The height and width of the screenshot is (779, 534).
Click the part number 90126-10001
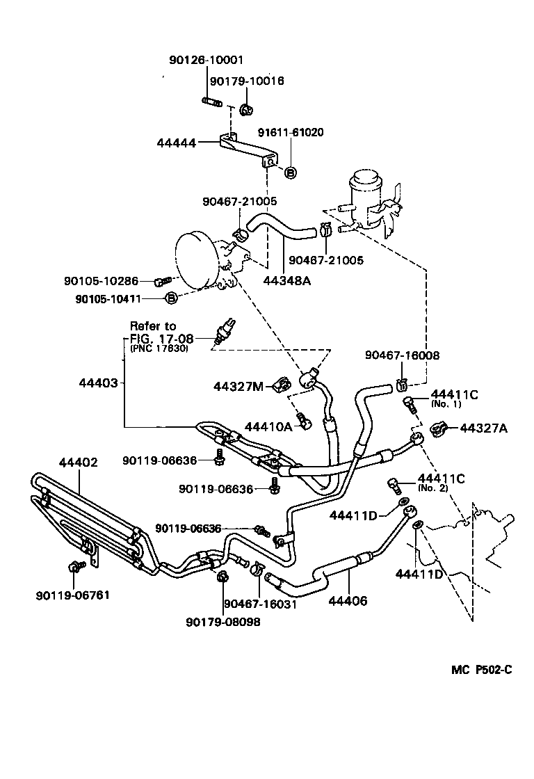(x=206, y=61)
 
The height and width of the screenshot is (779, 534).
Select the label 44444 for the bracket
(x=177, y=143)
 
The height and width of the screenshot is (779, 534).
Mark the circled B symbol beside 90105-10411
(x=170, y=299)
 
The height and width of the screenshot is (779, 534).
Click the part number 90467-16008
(x=402, y=355)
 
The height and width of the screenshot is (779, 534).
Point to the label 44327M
(x=238, y=387)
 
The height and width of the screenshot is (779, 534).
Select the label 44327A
(x=484, y=428)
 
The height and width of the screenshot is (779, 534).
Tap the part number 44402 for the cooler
(x=78, y=461)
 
